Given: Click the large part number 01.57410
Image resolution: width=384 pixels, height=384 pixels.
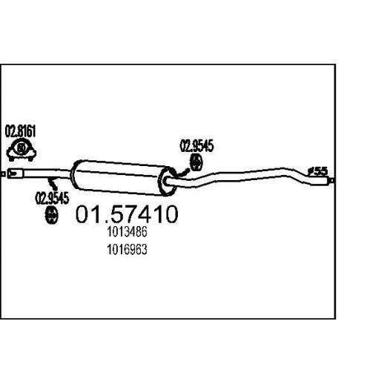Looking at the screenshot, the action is [x=127, y=214].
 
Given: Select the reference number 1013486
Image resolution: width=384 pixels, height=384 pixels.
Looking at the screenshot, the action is [x=127, y=232].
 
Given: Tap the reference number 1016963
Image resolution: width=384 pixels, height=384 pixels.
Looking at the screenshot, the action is [x=127, y=250].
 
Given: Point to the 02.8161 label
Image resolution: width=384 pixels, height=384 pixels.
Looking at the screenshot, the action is [x=20, y=131].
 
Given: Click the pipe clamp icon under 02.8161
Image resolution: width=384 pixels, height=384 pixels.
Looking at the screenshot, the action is [x=21, y=150].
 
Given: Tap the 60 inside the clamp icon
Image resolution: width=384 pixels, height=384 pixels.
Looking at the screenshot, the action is [x=21, y=148].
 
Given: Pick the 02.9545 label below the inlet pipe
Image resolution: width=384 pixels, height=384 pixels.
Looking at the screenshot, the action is [x=52, y=198].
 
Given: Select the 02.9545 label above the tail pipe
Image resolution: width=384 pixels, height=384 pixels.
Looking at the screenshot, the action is [x=197, y=146].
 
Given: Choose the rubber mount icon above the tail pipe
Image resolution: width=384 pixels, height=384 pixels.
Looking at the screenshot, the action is [x=196, y=162].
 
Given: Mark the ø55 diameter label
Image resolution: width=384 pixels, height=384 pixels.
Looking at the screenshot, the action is [x=317, y=171].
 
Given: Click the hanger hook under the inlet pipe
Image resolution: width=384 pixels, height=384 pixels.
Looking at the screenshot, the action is [x=53, y=183].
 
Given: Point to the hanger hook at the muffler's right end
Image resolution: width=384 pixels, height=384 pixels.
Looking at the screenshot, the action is [x=183, y=172].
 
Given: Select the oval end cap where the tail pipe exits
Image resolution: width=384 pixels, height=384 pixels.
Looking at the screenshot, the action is [x=168, y=182].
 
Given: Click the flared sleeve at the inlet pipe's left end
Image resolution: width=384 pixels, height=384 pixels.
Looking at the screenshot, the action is [x=15, y=173].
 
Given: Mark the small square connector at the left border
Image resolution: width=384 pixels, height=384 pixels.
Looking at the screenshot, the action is [x=3, y=174].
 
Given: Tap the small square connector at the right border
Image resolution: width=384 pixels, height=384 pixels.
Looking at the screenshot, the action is [x=333, y=180].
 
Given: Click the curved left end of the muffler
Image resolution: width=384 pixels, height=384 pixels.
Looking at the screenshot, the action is [x=75, y=174].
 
